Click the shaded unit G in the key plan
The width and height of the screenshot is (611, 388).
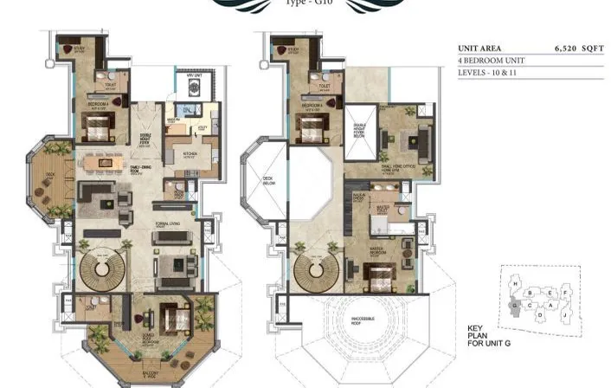519,304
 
